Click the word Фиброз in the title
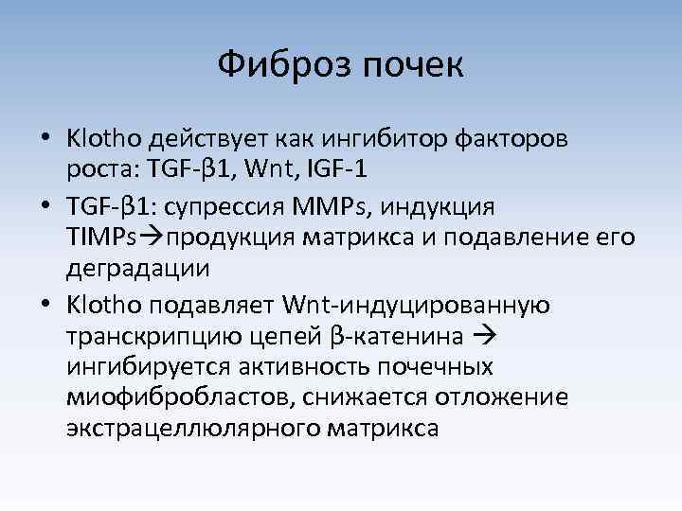point(277,65)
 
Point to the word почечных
point(425,367)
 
